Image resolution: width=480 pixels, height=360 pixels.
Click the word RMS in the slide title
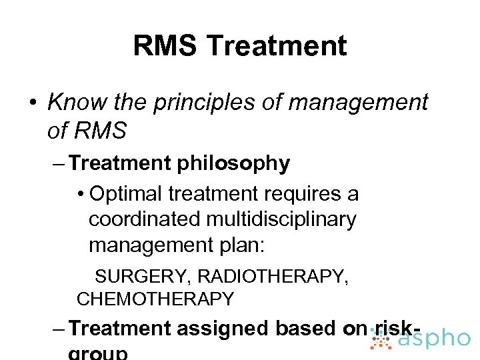(165, 46)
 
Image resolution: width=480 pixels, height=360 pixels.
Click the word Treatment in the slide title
(276, 46)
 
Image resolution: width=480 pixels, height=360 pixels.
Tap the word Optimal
(126, 194)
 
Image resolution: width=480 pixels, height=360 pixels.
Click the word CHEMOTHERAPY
(155, 299)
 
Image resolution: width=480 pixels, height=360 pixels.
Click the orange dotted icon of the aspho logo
(381, 339)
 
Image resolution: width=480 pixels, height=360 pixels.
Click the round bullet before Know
(32, 103)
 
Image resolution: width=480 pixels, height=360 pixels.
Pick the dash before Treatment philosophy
(57, 164)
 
